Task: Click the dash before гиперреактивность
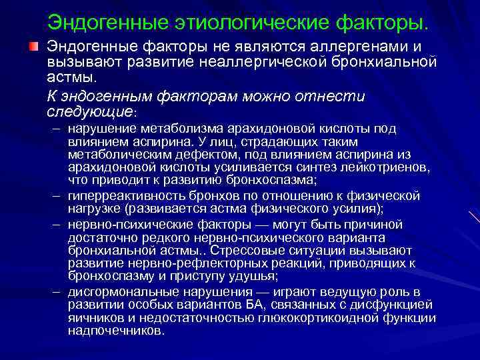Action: coord(54,196)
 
